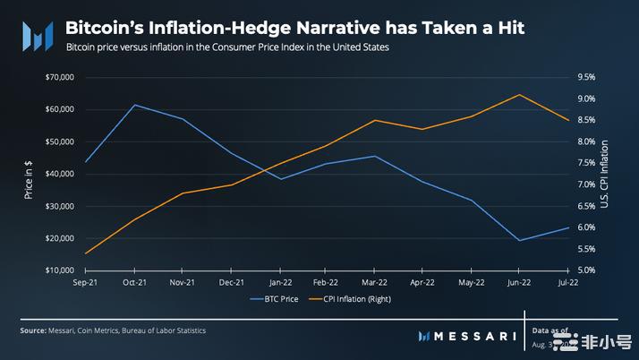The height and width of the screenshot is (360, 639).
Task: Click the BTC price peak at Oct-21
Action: (x=134, y=105)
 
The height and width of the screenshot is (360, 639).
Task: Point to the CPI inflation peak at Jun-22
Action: (x=519, y=95)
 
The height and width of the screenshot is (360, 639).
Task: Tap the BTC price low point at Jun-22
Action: (x=519, y=240)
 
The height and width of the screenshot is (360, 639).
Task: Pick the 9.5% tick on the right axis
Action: (x=584, y=77)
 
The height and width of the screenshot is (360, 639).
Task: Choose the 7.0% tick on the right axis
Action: (x=584, y=184)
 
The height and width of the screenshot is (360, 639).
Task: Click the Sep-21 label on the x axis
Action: (x=85, y=282)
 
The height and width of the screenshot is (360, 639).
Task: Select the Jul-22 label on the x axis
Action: (x=567, y=282)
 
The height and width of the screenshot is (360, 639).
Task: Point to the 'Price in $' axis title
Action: (x=29, y=180)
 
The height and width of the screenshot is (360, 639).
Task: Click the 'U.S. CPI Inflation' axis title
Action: (x=606, y=174)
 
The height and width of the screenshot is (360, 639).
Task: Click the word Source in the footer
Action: (x=33, y=330)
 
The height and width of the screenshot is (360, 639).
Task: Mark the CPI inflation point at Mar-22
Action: (x=375, y=120)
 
